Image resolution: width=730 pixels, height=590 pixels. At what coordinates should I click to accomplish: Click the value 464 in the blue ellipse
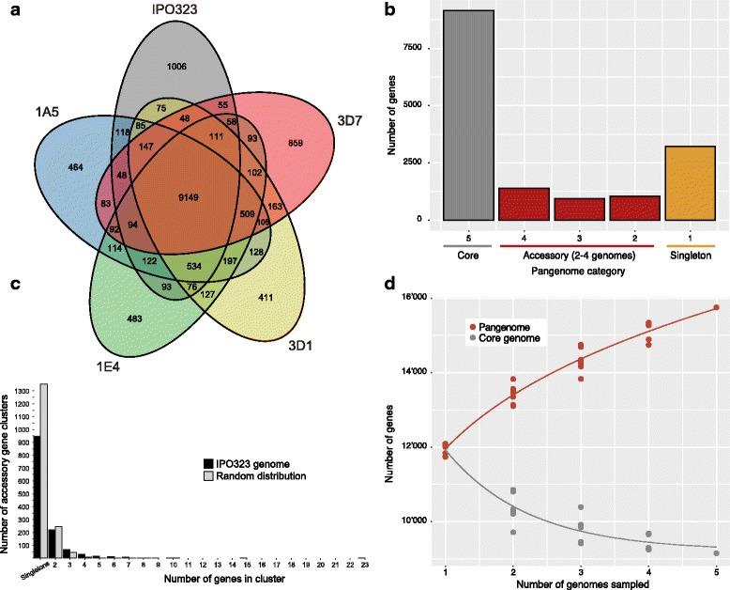53,166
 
